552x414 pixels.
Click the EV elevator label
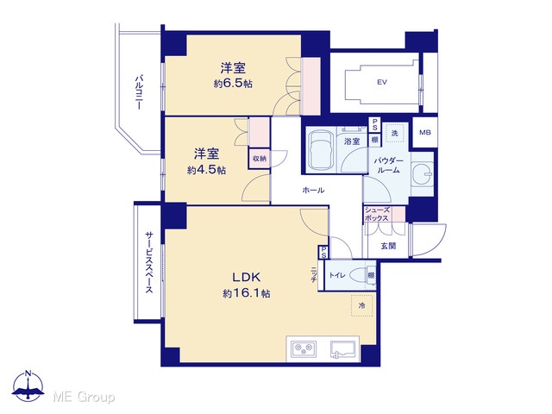[x=382, y=83]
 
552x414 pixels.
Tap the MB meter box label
[x=425, y=133]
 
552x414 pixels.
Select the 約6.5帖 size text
[x=233, y=84]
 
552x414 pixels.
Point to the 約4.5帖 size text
[x=206, y=171]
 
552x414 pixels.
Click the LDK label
[x=246, y=278]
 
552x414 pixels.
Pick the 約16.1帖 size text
[x=247, y=293]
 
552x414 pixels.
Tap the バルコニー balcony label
[x=140, y=92]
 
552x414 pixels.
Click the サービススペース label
[x=149, y=262]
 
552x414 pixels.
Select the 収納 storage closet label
[x=260, y=159]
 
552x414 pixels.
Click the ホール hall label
[x=313, y=191]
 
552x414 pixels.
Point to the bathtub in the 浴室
[x=320, y=149]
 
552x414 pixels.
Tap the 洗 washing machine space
[x=394, y=133]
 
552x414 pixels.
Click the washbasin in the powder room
[x=422, y=173]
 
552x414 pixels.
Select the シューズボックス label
[x=377, y=214]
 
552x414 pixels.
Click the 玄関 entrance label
[x=388, y=246]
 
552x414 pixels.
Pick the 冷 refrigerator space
[x=361, y=305]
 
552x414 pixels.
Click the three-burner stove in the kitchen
[x=303, y=348]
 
